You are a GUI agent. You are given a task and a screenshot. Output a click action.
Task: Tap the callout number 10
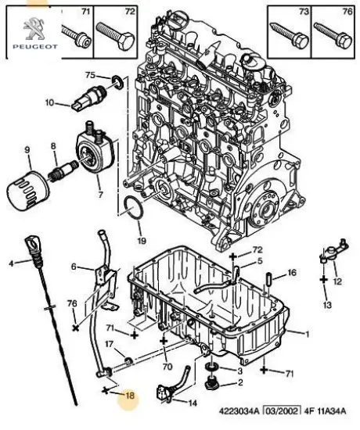(49, 102)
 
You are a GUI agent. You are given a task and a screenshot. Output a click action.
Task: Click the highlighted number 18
(130, 396)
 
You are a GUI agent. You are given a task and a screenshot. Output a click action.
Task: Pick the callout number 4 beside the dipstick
(11, 263)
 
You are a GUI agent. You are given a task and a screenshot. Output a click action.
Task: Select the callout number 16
(292, 274)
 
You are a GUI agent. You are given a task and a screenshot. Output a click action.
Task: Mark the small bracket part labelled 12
(328, 258)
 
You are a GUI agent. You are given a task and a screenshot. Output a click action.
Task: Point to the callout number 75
(90, 75)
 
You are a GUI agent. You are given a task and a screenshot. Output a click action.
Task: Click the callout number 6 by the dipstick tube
(74, 267)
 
